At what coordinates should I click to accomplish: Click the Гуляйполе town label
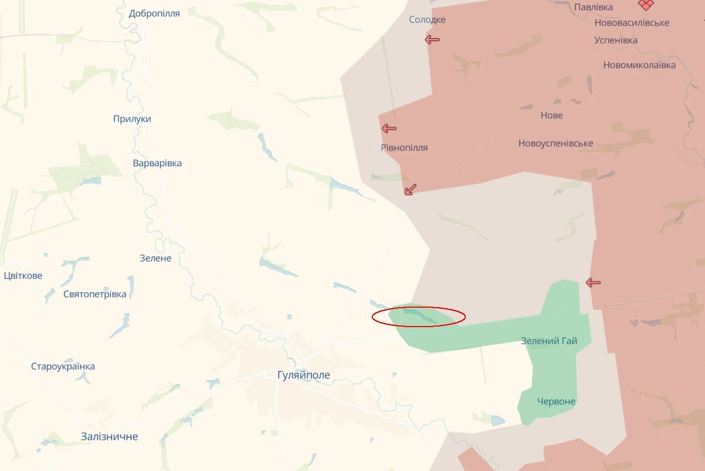[x=304, y=375]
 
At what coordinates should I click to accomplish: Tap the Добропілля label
[x=154, y=13]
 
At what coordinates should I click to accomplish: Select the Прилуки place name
[x=132, y=119]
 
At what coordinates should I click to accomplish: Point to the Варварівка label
[x=157, y=163]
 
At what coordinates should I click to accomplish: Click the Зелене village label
[x=155, y=258]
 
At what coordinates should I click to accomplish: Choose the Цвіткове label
[x=23, y=275]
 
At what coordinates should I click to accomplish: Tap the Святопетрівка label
[x=95, y=294]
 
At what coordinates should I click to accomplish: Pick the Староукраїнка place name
[x=63, y=366]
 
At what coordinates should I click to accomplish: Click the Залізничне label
[x=109, y=437]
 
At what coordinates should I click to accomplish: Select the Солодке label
[x=427, y=20]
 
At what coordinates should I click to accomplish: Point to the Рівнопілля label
[x=404, y=148]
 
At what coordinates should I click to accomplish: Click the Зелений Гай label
[x=549, y=340]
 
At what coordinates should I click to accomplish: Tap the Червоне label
[x=556, y=401]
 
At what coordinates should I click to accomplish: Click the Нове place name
[x=551, y=115]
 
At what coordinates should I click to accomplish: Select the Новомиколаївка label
[x=639, y=65]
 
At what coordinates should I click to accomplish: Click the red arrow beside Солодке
[x=432, y=39]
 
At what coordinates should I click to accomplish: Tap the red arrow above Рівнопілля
[x=389, y=129]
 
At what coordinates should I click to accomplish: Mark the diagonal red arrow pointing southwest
[x=411, y=189]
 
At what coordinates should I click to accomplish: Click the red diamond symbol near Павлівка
[x=646, y=4]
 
